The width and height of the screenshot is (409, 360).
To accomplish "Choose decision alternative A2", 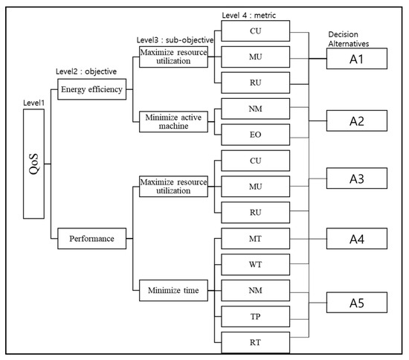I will tap(355, 119).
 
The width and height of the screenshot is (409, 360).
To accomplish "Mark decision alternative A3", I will tap(355, 179).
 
